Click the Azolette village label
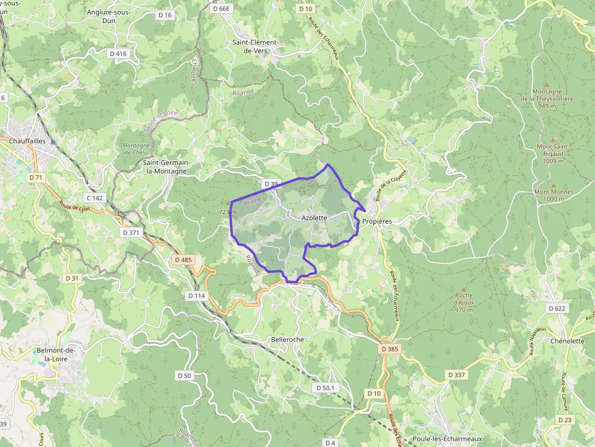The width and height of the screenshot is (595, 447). [x=314, y=218]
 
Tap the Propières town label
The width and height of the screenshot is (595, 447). [x=377, y=222]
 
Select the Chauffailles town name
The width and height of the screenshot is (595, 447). [x=28, y=141]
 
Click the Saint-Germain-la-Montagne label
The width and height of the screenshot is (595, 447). [x=165, y=167]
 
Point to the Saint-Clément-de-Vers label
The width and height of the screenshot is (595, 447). [x=256, y=47]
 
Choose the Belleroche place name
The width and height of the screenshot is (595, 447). [x=288, y=340]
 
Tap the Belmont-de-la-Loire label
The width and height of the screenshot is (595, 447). [x=56, y=355]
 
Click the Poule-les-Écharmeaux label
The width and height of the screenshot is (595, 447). [x=447, y=439]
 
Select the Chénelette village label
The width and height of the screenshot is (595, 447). [x=567, y=341]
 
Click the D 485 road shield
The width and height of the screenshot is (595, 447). [x=183, y=260]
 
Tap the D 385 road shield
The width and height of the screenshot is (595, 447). [x=390, y=349]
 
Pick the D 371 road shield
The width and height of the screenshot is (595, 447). [x=131, y=232]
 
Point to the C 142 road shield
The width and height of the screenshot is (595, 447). [x=95, y=198]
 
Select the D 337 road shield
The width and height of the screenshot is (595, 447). [x=457, y=375]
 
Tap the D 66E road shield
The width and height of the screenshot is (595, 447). [x=222, y=8]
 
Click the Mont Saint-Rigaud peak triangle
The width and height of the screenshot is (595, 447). [x=552, y=138]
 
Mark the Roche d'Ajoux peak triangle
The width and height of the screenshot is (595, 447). [x=464, y=289]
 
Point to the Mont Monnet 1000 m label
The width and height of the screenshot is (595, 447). [x=553, y=195]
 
